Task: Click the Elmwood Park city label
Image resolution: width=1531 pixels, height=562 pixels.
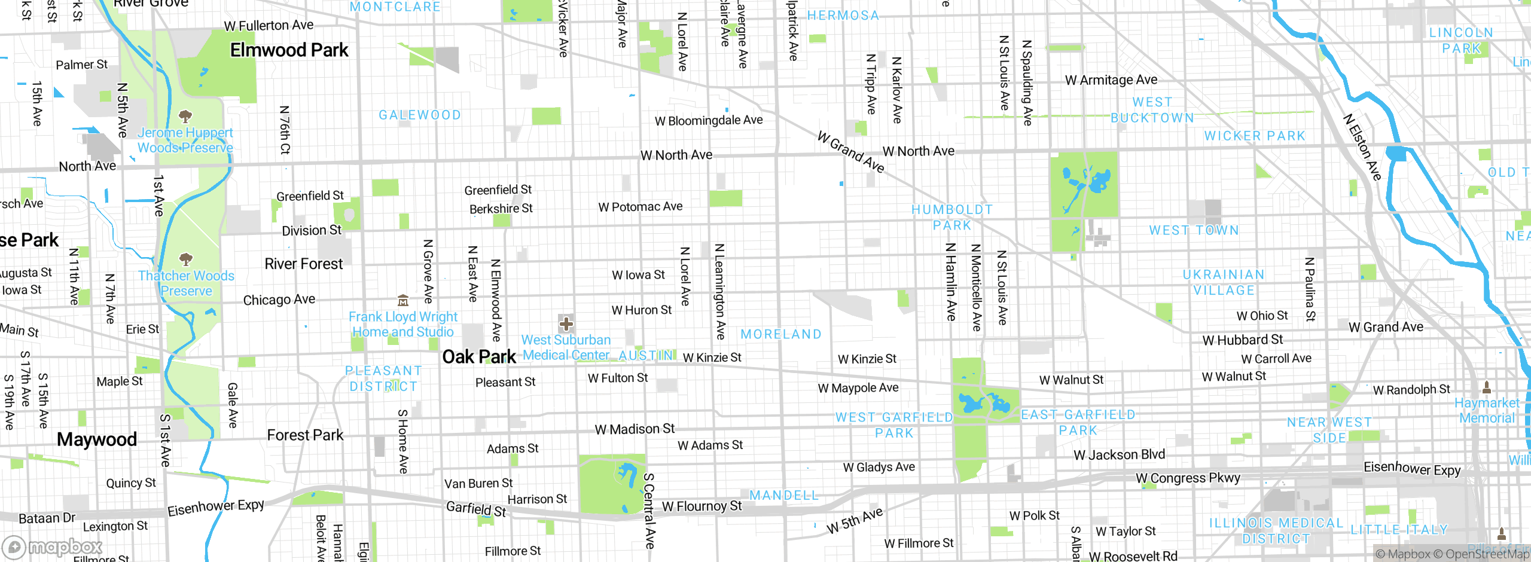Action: (x=289, y=50)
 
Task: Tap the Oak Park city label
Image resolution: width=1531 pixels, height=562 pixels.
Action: (x=478, y=357)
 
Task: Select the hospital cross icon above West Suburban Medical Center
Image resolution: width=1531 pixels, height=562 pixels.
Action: (x=566, y=324)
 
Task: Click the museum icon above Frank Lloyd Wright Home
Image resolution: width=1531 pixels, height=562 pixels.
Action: (x=403, y=300)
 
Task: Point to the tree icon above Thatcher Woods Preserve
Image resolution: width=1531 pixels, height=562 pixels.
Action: (x=186, y=259)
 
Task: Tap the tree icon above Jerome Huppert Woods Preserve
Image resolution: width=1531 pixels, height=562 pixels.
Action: (x=185, y=116)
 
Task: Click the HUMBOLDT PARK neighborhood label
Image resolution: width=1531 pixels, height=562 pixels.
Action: (x=951, y=217)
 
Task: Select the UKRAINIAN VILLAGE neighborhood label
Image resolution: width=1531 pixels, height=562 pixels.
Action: (x=1224, y=282)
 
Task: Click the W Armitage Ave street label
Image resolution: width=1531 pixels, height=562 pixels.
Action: (x=1111, y=80)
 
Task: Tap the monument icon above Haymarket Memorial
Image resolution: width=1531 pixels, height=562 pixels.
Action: (x=1487, y=387)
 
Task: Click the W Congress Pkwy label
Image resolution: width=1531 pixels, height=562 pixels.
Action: (x=1188, y=478)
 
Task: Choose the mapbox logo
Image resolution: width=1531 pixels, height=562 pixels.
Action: (x=52, y=546)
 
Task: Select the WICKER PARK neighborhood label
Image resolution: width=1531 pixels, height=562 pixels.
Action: (x=1254, y=136)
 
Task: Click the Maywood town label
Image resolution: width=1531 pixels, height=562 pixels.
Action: (x=97, y=439)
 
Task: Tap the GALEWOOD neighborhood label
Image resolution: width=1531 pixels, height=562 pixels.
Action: (x=420, y=115)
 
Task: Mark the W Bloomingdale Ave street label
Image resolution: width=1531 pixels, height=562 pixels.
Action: (x=708, y=120)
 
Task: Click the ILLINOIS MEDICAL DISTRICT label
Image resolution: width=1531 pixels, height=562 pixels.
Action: (x=1276, y=531)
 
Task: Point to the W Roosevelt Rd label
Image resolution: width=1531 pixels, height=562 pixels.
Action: (x=1133, y=556)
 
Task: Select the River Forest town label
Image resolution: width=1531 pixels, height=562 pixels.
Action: (x=304, y=264)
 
